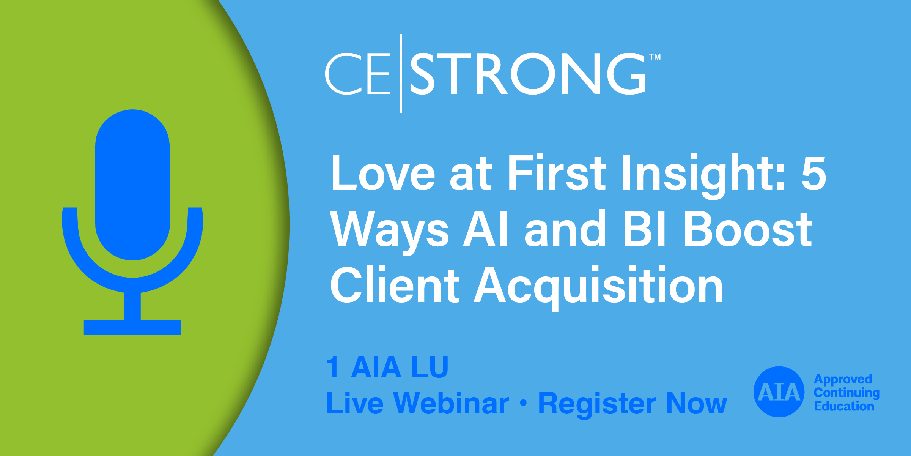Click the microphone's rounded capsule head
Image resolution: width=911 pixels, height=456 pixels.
[132, 185]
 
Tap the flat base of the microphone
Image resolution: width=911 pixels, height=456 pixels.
[132, 327]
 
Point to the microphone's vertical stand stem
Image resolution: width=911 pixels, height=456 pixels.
[132, 306]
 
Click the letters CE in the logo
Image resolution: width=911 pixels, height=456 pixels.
[358, 74]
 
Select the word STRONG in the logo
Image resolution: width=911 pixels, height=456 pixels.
[528, 74]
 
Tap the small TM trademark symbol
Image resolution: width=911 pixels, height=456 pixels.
[655, 57]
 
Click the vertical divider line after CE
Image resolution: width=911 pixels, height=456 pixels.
[401, 73]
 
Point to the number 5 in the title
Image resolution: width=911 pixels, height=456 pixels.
[813, 174]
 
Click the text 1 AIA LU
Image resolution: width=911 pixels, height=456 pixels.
[387, 367]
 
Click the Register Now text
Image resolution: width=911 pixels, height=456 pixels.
[633, 405]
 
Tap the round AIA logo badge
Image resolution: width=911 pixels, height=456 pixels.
[779, 392]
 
